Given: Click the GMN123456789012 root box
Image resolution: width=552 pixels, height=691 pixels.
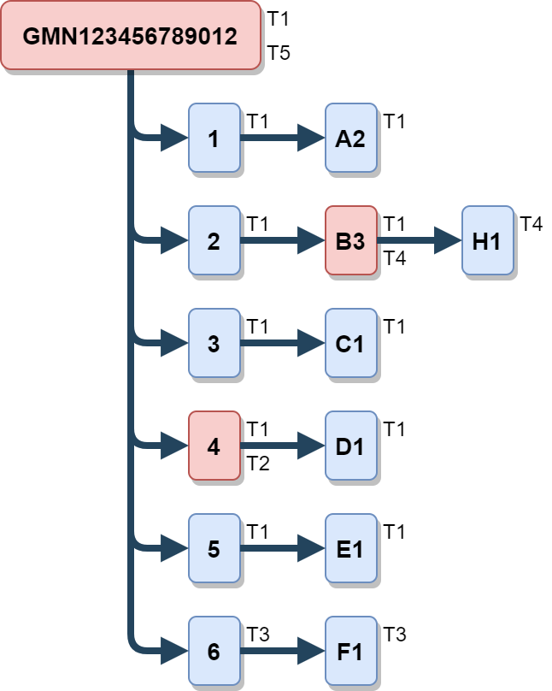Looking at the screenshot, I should pos(130,35).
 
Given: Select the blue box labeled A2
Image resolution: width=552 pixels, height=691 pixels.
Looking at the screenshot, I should pos(350,139).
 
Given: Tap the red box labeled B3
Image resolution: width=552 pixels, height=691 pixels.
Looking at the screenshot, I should pos(350,240).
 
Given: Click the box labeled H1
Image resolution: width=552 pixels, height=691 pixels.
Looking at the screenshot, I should pos(487,240).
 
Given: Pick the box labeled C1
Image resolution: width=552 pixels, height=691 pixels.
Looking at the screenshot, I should pos(350,344).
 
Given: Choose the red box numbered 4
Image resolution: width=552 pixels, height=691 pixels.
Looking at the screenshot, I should pos(214,446).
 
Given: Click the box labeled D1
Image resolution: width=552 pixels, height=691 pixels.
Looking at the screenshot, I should pos(350,446).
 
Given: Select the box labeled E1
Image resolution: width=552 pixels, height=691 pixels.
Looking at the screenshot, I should pos(350,549).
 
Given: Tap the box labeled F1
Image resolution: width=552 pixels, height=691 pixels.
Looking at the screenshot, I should pos(350,652).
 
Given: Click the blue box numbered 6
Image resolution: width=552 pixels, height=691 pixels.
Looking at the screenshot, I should pos(214,652).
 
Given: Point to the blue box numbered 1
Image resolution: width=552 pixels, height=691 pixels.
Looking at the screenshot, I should pos(214,139).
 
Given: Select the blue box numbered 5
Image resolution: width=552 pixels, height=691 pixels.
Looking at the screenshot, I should pos(214,549).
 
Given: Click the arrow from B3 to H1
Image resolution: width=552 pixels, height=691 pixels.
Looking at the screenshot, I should pos(419,240).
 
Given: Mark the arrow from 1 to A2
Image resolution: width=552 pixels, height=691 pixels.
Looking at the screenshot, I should pos(282,139).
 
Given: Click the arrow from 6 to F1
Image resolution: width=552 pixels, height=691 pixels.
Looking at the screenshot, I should pos(282,652).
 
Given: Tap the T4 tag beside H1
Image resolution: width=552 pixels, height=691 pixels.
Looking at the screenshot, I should pos(531,224).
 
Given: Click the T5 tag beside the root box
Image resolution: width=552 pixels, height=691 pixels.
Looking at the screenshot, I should pos(279,53).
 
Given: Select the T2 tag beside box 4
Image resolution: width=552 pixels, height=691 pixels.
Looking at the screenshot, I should pos(257,464).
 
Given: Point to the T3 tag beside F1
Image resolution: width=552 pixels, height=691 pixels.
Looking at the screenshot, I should pos(394,635).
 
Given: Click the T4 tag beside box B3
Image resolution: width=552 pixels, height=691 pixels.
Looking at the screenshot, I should pos(394,258).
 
